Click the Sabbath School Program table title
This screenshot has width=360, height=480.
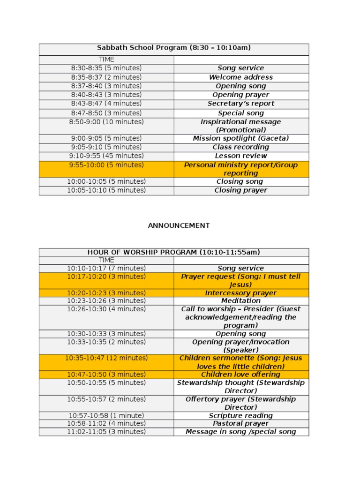click(x=173, y=48)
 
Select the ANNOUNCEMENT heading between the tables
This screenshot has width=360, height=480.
click(x=179, y=225)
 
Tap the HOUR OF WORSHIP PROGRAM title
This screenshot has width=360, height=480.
click(x=173, y=252)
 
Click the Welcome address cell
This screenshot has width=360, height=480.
click(x=241, y=77)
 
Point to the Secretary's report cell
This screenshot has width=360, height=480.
click(x=241, y=104)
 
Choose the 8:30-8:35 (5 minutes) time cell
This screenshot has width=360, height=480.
click(x=106, y=68)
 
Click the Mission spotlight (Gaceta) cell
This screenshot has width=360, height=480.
click(x=241, y=138)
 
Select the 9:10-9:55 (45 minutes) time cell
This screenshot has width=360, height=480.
click(x=106, y=156)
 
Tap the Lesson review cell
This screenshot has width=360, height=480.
click(x=241, y=156)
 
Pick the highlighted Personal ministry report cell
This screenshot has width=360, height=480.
click(x=241, y=169)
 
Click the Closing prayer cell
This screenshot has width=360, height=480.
click(x=241, y=190)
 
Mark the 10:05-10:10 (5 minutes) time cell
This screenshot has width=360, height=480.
click(x=106, y=190)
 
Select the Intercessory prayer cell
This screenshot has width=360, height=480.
click(x=241, y=293)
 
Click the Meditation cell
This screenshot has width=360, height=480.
click(x=241, y=301)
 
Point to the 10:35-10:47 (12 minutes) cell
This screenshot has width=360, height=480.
click(x=106, y=358)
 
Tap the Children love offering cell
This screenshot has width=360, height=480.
click(x=241, y=375)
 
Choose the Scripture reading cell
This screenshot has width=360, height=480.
click(x=241, y=416)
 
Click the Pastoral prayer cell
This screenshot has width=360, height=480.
click(x=241, y=424)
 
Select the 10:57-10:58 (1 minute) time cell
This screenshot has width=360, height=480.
click(x=106, y=416)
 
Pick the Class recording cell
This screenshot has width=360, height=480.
click(x=241, y=147)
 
